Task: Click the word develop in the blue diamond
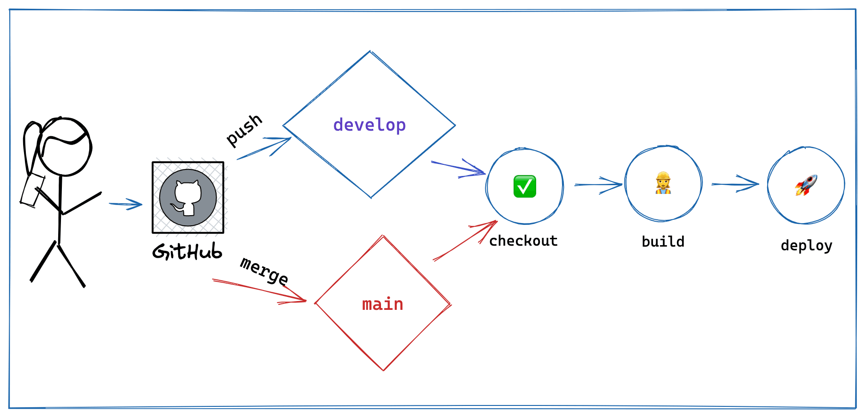tap(369, 125)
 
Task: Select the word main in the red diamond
tap(382, 304)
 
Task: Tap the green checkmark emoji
tap(525, 186)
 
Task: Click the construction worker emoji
tap(663, 183)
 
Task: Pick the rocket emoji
tap(806, 185)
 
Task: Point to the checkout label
tap(523, 241)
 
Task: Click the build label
tap(663, 242)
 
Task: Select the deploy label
tap(806, 245)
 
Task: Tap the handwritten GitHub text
tap(187, 252)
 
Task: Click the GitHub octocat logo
tap(188, 198)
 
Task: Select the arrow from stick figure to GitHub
tap(126, 204)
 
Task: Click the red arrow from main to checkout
tap(464, 241)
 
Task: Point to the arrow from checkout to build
tap(598, 185)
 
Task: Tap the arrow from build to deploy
tap(735, 184)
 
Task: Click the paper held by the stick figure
tap(32, 190)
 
